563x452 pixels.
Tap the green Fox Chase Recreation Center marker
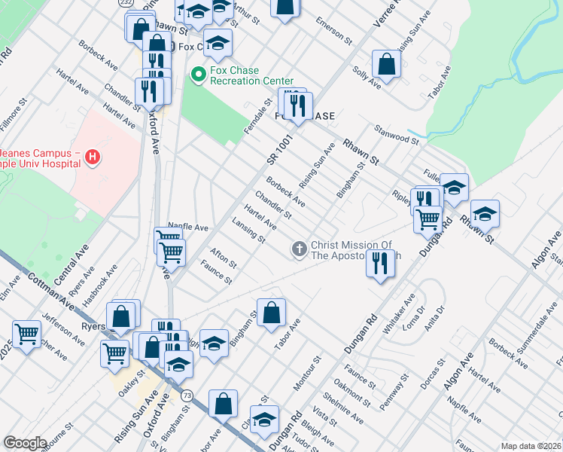click(x=199, y=74)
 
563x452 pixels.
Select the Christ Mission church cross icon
click(x=299, y=248)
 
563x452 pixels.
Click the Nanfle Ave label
click(x=188, y=226)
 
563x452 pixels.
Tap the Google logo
click(x=25, y=443)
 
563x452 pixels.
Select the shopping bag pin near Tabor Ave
click(x=272, y=312)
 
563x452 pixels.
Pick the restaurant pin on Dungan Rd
click(x=380, y=264)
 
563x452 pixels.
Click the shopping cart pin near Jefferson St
click(x=27, y=334)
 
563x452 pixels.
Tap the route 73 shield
click(x=187, y=395)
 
